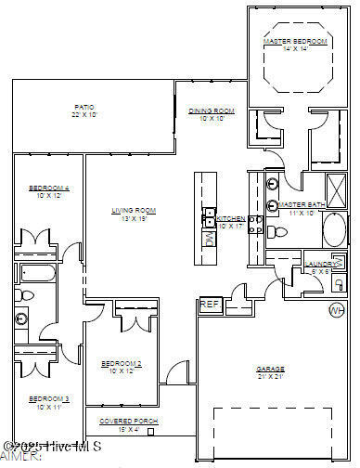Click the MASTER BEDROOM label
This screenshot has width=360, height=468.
coord(296,42)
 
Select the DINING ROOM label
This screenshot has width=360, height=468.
coord(212,111)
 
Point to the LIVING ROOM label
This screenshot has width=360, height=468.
coord(134,211)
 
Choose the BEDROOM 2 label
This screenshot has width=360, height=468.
coord(121,362)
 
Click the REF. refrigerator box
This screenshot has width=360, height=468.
coord(209,304)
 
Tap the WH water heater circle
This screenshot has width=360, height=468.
coord(336,310)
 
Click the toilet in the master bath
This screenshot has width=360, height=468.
coord(276,230)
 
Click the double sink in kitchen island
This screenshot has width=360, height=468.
coord(210,215)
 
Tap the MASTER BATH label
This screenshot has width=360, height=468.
coord(301,204)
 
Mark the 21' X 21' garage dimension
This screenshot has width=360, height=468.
coord(270,376)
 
